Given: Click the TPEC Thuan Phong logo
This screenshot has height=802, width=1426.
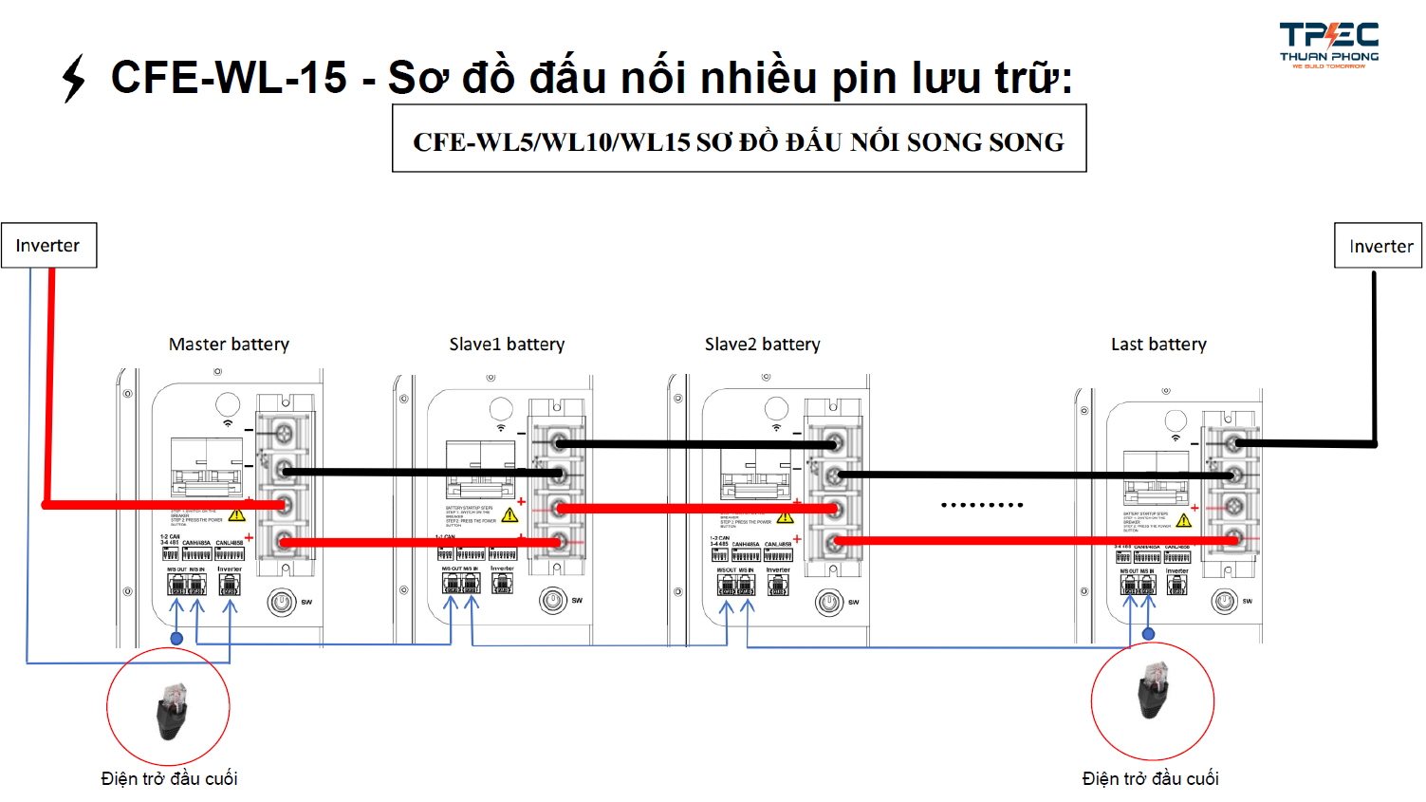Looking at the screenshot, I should pyautogui.click(x=1328, y=45).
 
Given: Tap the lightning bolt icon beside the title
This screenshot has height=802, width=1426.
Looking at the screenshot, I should pyautogui.click(x=73, y=78).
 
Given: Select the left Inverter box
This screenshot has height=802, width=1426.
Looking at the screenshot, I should pyautogui.click(x=48, y=246).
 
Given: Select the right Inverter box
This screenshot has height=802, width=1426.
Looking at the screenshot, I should pyautogui.click(x=1380, y=247).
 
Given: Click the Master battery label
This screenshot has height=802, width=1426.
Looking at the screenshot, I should pyautogui.click(x=229, y=345).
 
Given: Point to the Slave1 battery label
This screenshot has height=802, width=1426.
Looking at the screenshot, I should pyautogui.click(x=507, y=345).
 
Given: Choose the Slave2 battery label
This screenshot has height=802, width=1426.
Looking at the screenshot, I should pyautogui.click(x=762, y=345).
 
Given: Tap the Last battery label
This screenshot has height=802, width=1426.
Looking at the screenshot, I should pyautogui.click(x=1158, y=345).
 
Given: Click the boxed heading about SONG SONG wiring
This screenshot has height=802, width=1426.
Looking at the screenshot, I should pyautogui.click(x=738, y=140).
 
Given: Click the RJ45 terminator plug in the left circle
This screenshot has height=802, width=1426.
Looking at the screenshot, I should pyautogui.click(x=171, y=709).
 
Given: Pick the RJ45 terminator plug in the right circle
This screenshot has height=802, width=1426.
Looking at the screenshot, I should pyautogui.click(x=1154, y=691).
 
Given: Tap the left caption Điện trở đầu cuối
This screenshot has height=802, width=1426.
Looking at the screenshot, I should pyautogui.click(x=169, y=779).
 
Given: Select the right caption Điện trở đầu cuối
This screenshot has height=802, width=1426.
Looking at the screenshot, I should pyautogui.click(x=1150, y=779).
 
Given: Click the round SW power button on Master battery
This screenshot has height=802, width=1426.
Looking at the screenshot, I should pyautogui.click(x=282, y=602).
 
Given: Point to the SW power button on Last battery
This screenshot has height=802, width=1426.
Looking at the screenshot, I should pyautogui.click(x=1225, y=601).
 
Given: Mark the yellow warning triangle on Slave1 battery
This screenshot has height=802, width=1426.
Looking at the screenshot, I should pyautogui.click(x=509, y=515).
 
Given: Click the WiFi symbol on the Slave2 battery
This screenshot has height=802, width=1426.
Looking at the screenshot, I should pyautogui.click(x=776, y=427).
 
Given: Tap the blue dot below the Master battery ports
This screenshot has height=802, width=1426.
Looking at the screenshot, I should pyautogui.click(x=176, y=639).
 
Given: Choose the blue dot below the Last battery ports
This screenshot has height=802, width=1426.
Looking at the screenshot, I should pyautogui.click(x=1149, y=634).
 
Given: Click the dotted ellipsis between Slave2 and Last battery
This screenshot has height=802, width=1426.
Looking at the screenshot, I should pyautogui.click(x=982, y=505).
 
